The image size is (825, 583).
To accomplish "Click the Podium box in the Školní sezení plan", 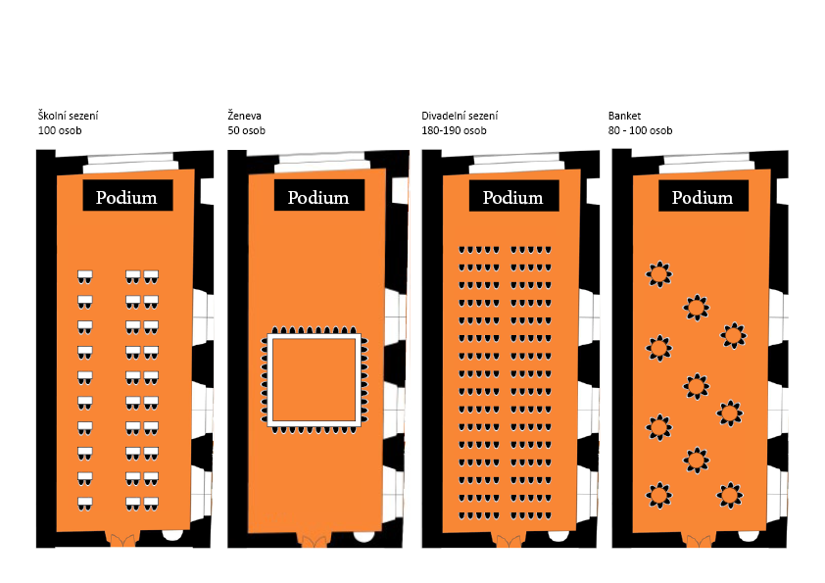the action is [127, 195].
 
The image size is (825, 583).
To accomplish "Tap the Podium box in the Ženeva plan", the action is [319, 195].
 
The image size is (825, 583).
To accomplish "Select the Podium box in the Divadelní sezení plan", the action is [514, 195].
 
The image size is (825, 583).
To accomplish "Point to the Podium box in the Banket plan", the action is [704, 195].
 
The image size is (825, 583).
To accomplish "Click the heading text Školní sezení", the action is [68, 116].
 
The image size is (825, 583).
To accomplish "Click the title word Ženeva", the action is [244, 116].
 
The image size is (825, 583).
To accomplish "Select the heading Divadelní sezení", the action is [460, 116].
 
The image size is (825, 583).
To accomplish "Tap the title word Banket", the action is [624, 116].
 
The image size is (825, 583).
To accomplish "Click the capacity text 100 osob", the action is [60, 130].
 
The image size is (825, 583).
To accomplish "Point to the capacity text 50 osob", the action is [246, 130].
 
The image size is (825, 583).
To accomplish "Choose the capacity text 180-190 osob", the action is [454, 130].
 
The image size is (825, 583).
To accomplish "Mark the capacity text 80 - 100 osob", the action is [640, 130].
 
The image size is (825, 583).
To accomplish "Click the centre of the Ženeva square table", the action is [315, 379].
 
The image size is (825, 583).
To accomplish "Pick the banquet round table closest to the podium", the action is [658, 274].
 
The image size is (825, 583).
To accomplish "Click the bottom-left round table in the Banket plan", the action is [658, 495].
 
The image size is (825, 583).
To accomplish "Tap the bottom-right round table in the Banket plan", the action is [730, 495].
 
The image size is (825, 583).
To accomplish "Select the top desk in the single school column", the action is [84, 276].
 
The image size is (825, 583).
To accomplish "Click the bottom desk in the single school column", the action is [84, 504].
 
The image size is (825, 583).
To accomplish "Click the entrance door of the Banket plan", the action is [699, 540].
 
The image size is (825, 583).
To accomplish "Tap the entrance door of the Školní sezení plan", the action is [122, 540].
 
